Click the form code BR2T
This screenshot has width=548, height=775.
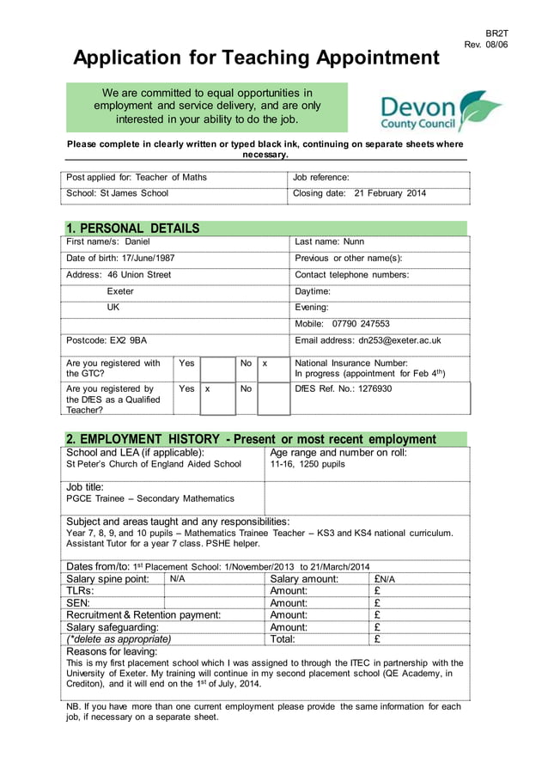click(497, 33)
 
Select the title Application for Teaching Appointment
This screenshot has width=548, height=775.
click(256, 58)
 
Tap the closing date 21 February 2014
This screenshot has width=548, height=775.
click(390, 193)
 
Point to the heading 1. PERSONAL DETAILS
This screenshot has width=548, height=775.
click(133, 228)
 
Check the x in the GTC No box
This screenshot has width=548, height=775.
click(265, 364)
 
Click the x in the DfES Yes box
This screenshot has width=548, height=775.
click(207, 389)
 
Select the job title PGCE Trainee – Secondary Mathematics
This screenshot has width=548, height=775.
click(150, 498)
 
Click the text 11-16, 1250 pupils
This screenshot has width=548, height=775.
click(307, 464)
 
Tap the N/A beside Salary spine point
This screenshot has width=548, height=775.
click(178, 579)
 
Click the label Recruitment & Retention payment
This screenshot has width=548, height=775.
click(143, 614)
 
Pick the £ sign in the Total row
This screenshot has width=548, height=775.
click(378, 638)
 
